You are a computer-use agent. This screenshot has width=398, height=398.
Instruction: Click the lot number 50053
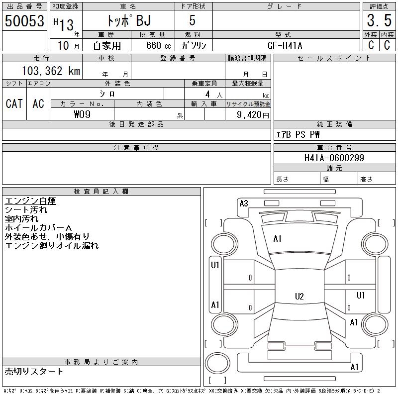pyautogui.click(x=24, y=20)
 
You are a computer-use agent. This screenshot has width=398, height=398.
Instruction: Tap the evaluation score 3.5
pyautogui.click(x=379, y=20)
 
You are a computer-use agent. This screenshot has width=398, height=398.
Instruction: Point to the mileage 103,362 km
pyautogui.click(x=51, y=71)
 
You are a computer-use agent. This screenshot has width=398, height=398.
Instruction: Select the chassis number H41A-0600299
pyautogui.click(x=334, y=158)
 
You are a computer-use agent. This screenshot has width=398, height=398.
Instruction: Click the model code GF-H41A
pyautogui.click(x=285, y=45)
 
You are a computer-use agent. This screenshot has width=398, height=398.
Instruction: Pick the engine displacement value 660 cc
pyautogui.click(x=158, y=45)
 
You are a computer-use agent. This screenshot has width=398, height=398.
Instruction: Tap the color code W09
pyautogui.click(x=82, y=114)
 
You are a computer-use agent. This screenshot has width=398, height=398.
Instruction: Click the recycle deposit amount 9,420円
pyautogui.click(x=253, y=115)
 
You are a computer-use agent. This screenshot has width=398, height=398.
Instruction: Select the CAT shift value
pyautogui.click(x=14, y=103)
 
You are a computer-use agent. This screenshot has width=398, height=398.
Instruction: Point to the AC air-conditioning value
pyautogui.click(x=38, y=103)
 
